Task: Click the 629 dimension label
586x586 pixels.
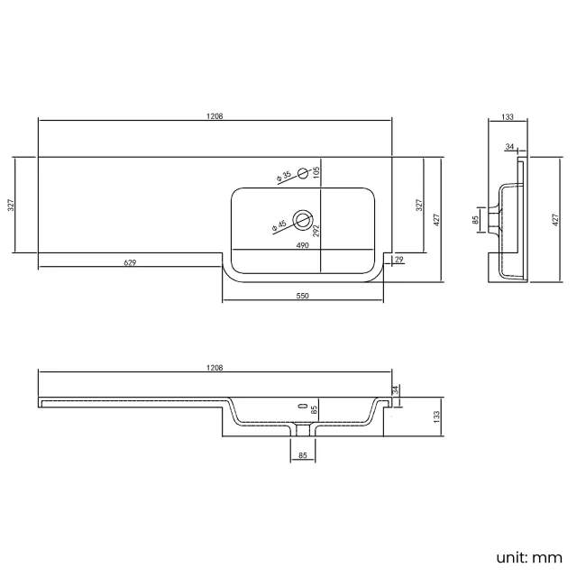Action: tap(130, 262)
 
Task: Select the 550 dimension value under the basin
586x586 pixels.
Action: tap(302, 296)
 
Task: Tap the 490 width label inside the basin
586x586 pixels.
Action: tap(302, 245)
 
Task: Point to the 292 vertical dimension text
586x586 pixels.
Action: tap(316, 231)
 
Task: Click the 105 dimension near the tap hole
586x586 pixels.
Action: tap(316, 172)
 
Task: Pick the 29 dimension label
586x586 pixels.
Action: tap(399, 259)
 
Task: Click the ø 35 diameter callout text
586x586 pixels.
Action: tap(284, 177)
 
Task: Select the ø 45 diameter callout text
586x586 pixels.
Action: tap(279, 225)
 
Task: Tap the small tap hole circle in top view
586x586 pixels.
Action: tap(303, 173)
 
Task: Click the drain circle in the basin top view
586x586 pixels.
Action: tap(303, 220)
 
